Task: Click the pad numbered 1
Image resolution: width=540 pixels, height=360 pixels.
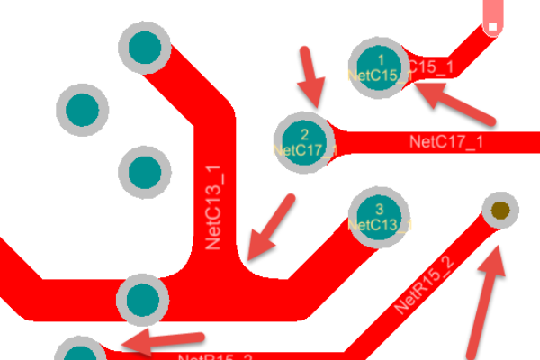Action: (379, 67)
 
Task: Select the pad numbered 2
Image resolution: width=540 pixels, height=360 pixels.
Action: (304, 142)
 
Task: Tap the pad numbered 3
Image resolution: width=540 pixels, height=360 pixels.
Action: (379, 217)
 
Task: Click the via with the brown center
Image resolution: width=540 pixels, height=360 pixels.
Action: (499, 211)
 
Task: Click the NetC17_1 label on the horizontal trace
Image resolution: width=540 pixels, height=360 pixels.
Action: (446, 141)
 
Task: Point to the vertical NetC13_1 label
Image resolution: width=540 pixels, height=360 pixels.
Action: (214, 208)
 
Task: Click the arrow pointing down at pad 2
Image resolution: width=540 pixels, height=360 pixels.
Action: (310, 76)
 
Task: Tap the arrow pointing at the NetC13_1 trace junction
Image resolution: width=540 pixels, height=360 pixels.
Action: (272, 224)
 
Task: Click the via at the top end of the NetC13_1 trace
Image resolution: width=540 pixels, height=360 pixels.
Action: (144, 49)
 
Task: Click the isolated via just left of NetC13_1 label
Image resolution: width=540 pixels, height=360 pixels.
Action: (144, 171)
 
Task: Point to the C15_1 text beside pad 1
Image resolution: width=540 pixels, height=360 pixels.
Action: (430, 67)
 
